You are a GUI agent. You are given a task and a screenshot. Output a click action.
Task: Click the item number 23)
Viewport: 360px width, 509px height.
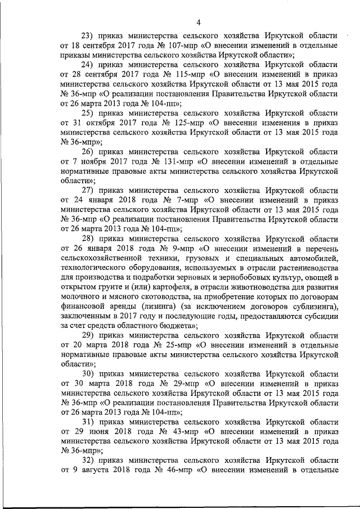point(89,35)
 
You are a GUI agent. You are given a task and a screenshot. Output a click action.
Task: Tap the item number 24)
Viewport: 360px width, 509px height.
point(89,65)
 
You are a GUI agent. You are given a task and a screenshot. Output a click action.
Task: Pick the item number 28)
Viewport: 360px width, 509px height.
point(89,238)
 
